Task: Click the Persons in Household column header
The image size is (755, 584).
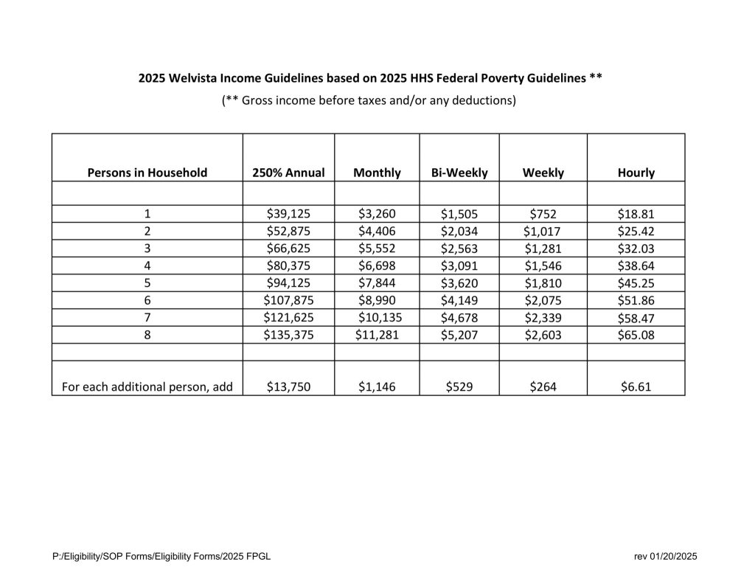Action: coord(147,173)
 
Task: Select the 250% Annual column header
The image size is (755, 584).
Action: coord(288,173)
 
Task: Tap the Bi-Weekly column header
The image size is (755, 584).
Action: coord(459,173)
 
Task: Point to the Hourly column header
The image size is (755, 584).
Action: coord(636,173)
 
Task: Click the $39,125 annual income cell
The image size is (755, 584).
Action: coord(288,215)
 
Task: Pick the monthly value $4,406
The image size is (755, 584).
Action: coord(377,232)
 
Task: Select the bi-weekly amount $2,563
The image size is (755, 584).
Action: coord(459,248)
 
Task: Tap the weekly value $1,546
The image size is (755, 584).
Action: coord(543,265)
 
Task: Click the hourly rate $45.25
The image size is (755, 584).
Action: coord(636,282)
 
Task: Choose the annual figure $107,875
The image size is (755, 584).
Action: coord(288,299)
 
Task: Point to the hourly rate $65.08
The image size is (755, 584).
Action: coord(636,334)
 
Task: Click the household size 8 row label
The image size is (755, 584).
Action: coord(147,334)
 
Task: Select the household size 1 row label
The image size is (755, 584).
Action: coord(147,215)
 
